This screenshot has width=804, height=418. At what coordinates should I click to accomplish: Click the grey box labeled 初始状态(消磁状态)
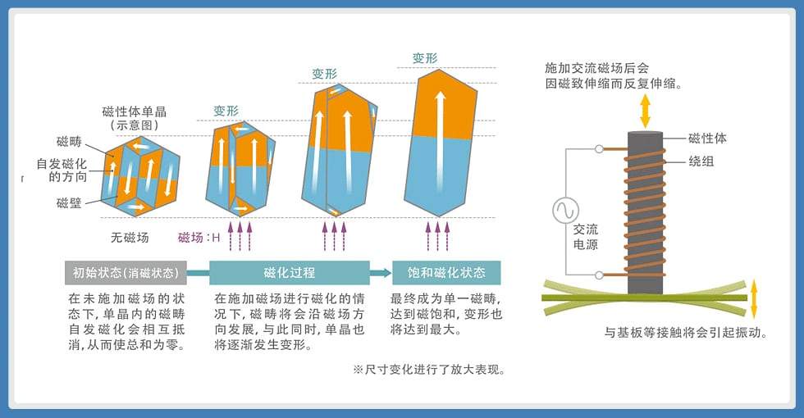point(126,272)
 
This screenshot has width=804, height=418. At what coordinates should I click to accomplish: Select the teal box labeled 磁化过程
point(290,272)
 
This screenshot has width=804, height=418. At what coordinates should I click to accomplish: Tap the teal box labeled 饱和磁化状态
point(446,272)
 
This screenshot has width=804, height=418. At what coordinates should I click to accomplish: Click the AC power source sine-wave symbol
point(566,210)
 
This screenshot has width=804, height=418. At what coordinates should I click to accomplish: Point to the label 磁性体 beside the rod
point(707,139)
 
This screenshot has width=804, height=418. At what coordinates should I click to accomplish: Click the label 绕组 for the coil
point(701,161)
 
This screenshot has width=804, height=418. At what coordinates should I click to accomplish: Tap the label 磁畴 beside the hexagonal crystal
point(69,141)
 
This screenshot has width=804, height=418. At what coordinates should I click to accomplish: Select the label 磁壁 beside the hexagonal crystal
point(69,203)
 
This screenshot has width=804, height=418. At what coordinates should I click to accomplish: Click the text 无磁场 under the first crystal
point(130,237)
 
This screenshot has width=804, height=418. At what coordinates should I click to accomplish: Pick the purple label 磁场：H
point(199,237)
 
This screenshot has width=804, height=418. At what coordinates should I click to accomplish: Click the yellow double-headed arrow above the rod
point(645,111)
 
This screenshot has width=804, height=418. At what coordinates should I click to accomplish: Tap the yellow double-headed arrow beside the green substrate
point(754,300)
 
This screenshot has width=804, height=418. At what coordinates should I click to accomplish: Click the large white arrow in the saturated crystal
point(440,132)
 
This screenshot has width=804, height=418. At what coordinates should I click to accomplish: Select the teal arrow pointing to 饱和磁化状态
point(381,272)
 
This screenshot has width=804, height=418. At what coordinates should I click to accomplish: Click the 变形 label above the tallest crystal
point(425,58)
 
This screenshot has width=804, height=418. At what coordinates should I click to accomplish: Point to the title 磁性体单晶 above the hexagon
point(135,111)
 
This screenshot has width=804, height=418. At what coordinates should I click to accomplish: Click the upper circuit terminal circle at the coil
point(599,149)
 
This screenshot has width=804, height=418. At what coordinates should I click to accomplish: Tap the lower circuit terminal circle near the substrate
point(599,275)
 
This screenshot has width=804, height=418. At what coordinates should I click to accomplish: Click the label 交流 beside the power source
point(586,229)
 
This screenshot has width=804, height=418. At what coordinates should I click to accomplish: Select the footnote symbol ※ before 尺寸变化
point(358,370)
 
